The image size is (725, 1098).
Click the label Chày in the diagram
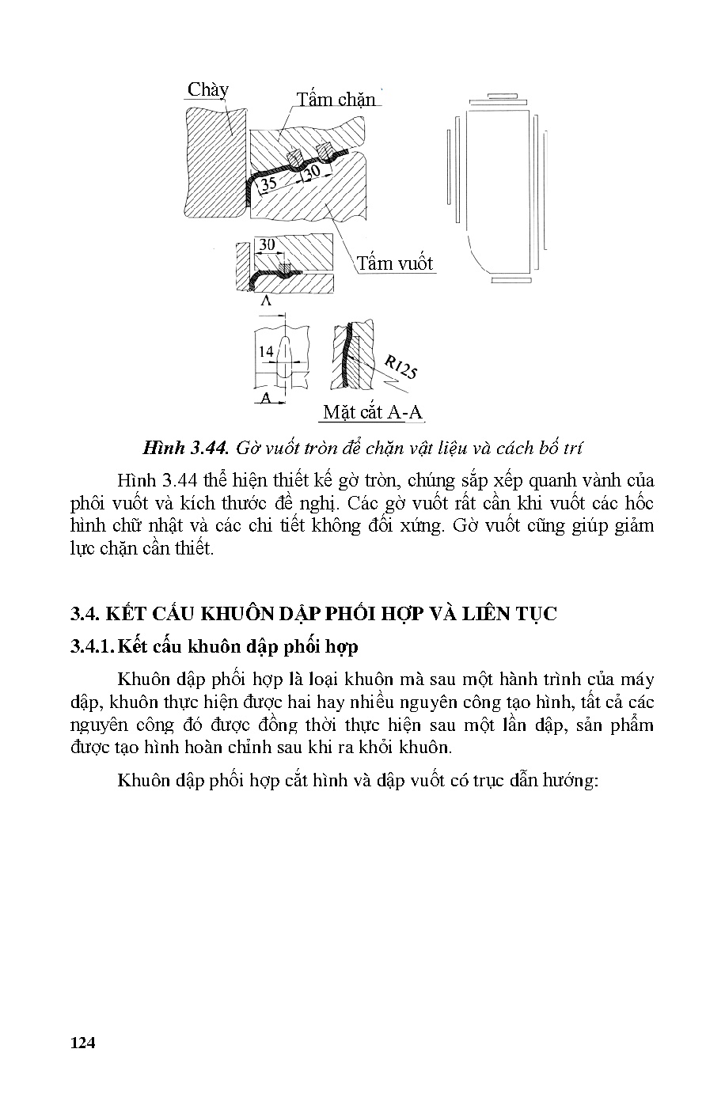pos(207,89)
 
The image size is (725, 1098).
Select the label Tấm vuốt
pos(394,263)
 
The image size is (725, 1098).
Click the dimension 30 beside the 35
pos(313,171)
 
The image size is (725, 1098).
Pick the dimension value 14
pos(265,351)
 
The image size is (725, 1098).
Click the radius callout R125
pos(400,367)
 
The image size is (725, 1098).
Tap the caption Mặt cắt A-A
pos(373,412)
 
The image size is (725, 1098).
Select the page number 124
pos(82,1043)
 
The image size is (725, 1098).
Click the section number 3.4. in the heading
pos(82,614)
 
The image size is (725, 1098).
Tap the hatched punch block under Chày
pos(211,158)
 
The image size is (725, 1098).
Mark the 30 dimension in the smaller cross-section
pos(267,245)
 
